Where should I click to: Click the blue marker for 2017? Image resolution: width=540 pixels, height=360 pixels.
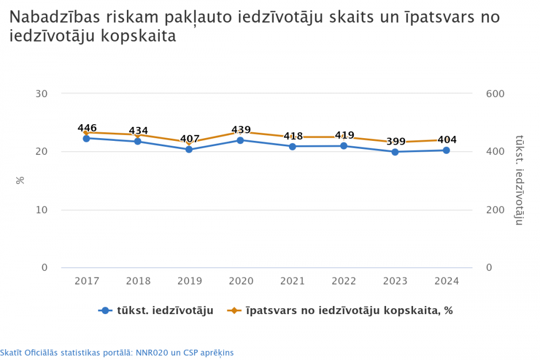pyautogui.click(x=86, y=138)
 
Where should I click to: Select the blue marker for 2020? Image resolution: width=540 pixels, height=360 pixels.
pyautogui.click(x=240, y=140)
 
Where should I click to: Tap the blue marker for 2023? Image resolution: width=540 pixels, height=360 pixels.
pyautogui.click(x=395, y=152)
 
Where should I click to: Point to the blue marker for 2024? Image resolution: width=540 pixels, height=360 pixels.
pyautogui.click(x=447, y=150)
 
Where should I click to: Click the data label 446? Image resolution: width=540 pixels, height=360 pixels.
pyautogui.click(x=87, y=128)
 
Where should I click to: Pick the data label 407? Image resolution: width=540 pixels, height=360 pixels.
pyautogui.click(x=190, y=139)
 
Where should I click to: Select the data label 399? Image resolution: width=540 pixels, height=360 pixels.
pyautogui.click(x=396, y=141)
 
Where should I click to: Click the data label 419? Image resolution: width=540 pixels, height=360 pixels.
pyautogui.click(x=345, y=135)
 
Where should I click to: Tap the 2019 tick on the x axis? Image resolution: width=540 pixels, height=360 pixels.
pyautogui.click(x=190, y=281)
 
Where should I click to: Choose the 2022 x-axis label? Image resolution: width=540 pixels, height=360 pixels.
pyautogui.click(x=344, y=281)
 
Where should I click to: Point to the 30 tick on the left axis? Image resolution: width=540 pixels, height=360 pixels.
pyautogui.click(x=42, y=94)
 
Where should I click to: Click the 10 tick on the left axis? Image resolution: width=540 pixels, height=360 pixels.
pyautogui.click(x=42, y=210)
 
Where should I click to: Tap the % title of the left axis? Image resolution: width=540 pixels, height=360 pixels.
pyautogui.click(x=21, y=180)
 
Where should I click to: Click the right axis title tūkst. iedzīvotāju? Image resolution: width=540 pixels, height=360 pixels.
pyautogui.click(x=519, y=180)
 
